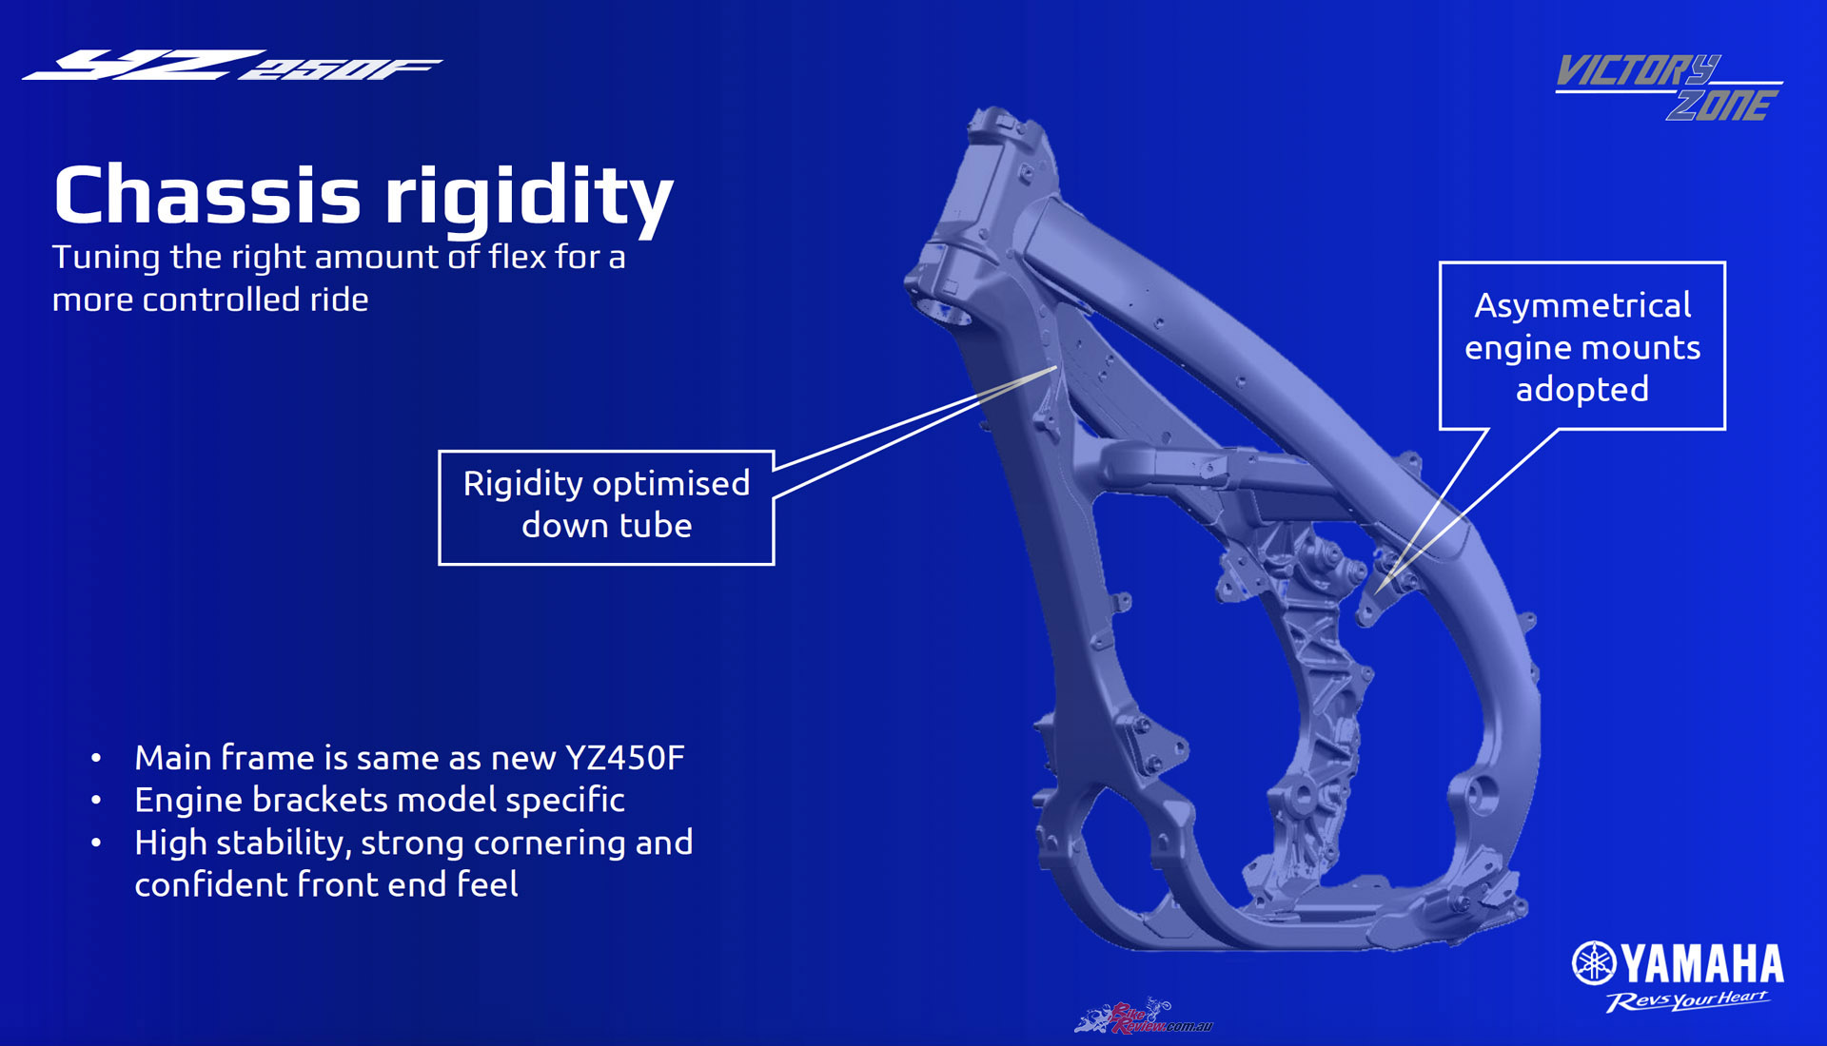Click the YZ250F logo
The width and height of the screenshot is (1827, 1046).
point(232,66)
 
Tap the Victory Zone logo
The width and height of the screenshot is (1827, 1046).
point(1669,87)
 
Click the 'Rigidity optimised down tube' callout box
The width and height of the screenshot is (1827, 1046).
point(606,508)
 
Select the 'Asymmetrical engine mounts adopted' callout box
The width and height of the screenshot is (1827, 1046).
point(1582,346)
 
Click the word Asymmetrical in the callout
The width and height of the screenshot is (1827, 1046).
point(1582,305)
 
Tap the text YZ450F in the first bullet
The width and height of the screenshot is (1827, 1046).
point(624,758)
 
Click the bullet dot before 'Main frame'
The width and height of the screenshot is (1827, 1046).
point(96,759)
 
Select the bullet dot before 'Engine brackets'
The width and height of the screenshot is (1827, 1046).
point(96,801)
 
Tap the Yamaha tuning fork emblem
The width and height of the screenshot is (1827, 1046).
point(1594,963)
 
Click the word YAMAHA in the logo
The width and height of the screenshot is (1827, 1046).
point(1703,964)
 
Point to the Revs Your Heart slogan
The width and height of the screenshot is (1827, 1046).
point(1687,1000)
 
